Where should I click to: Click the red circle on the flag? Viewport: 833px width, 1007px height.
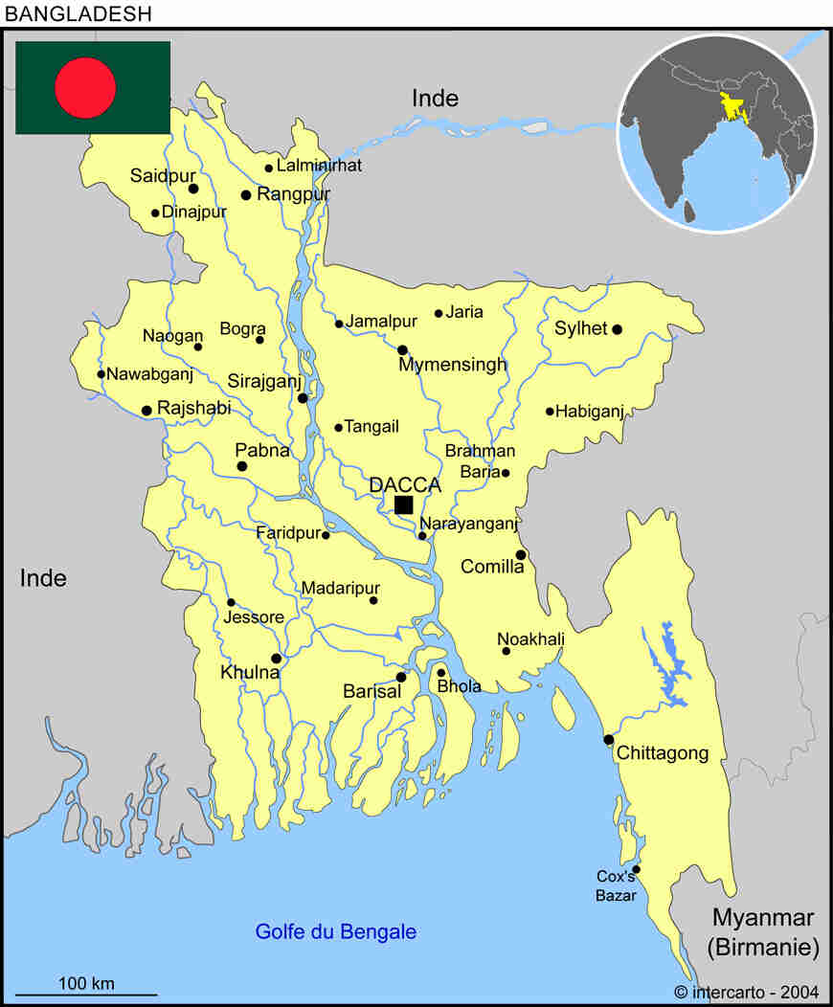(85, 87)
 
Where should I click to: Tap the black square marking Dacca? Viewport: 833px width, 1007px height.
(403, 504)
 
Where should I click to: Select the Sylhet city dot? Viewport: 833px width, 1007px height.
(617, 329)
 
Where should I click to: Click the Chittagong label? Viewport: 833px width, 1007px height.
(663, 753)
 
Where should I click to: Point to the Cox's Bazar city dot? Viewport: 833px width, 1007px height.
(636, 869)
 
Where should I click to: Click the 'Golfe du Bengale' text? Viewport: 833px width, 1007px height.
(335, 931)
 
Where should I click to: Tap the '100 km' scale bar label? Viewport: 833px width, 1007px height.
(86, 983)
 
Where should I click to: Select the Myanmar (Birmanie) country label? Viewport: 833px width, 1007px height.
(763, 932)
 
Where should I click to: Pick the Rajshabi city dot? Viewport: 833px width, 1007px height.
(146, 411)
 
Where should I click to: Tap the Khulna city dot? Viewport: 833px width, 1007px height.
(276, 658)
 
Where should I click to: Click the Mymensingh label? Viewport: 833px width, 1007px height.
(452, 366)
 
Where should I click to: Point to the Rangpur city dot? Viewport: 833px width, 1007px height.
(246, 195)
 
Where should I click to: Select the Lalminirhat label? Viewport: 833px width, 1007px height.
(319, 166)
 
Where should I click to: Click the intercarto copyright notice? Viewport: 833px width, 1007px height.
(744, 992)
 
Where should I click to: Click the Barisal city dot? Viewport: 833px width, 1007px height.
(401, 677)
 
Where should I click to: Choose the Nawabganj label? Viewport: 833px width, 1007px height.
(149, 374)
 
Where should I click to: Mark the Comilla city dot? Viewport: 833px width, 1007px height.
(521, 554)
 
